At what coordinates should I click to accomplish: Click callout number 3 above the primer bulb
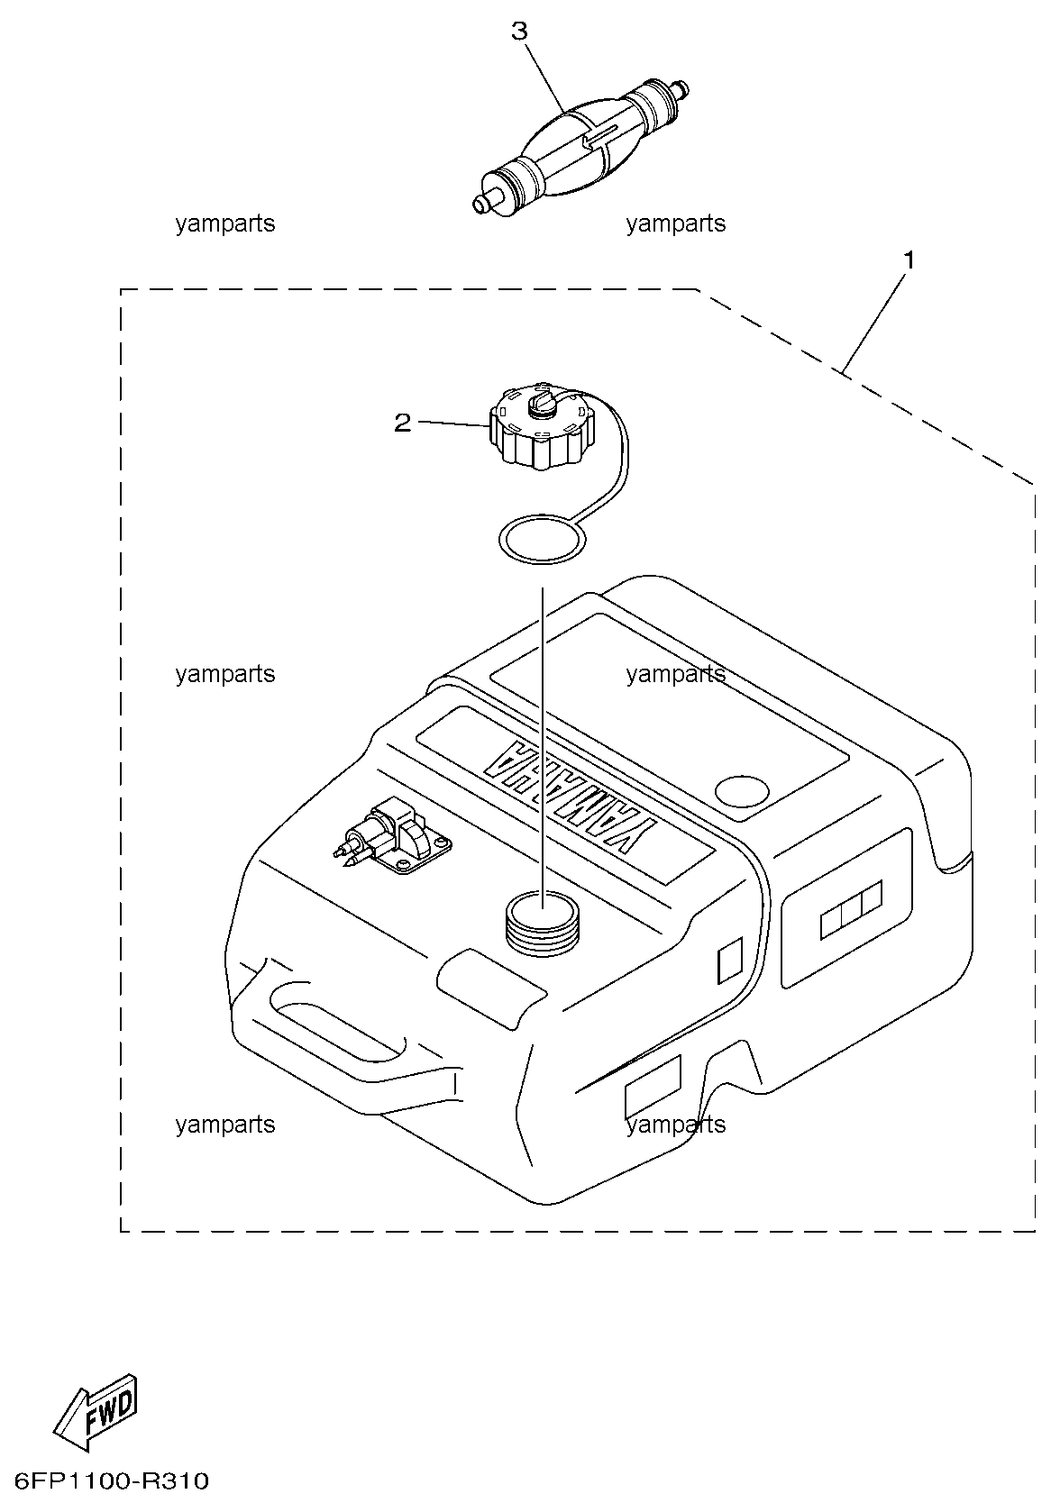pyautogui.click(x=519, y=31)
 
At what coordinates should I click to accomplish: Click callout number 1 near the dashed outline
pyautogui.click(x=909, y=260)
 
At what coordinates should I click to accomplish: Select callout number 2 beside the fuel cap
pyautogui.click(x=402, y=424)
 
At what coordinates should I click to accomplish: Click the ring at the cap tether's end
pyautogui.click(x=542, y=538)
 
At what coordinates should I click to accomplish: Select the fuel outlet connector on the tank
pyautogui.click(x=394, y=835)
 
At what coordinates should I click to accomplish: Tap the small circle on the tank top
pyautogui.click(x=742, y=792)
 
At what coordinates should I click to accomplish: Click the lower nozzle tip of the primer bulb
pyautogui.click(x=480, y=204)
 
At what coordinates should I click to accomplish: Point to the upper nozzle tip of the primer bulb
pyautogui.click(x=683, y=87)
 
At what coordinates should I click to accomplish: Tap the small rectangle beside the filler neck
pyautogui.click(x=730, y=960)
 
